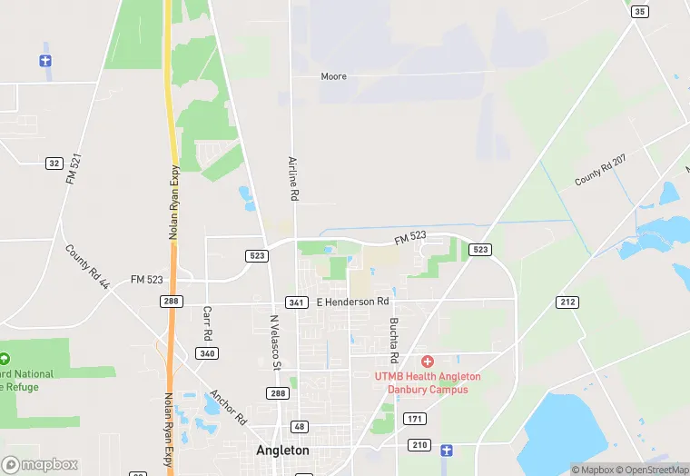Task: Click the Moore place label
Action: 333,76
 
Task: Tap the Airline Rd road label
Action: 293,178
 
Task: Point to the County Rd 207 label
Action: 600,171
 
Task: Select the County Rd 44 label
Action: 87,266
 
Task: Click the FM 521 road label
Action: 74,170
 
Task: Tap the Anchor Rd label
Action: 228,408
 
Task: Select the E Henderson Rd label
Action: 352,301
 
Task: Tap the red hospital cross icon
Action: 427,362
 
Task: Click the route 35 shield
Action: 641,11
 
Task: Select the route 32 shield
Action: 54,163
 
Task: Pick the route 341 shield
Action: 295,302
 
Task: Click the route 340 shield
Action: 207,353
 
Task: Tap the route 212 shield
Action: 568,301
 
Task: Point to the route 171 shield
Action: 415,419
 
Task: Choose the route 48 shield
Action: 299,427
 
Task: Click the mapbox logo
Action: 40,464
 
